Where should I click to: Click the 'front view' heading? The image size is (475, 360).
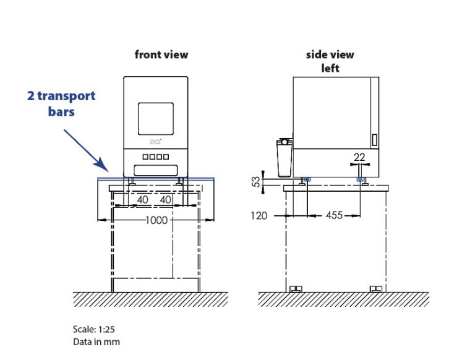click(161, 54)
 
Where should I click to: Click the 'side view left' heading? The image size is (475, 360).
click(330, 61)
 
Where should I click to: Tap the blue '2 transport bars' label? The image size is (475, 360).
click(61, 103)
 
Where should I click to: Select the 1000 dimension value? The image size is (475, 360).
click(156, 220)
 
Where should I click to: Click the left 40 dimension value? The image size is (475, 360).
click(142, 200)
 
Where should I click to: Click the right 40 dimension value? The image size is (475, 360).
click(166, 200)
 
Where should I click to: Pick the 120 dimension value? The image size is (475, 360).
click(260, 216)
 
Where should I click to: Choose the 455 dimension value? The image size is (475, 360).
click(335, 216)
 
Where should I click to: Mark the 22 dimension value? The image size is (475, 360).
click(359, 157)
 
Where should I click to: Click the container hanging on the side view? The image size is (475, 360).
click(283, 158)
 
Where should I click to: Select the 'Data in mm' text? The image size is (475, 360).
click(96, 341)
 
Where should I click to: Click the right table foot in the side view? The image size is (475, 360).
click(375, 289)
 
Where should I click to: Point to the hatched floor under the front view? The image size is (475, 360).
click(150, 299)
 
